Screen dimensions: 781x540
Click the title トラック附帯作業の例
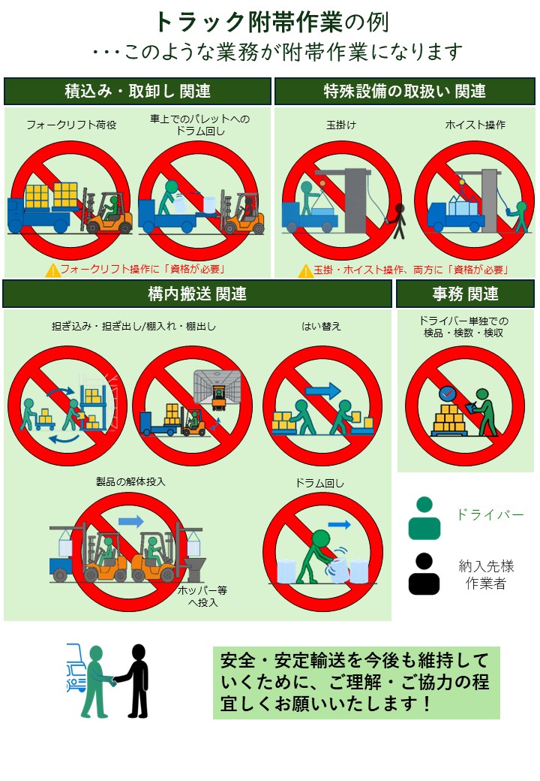pyautogui.click(x=271, y=21)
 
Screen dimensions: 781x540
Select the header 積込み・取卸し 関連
pyautogui.click(x=137, y=92)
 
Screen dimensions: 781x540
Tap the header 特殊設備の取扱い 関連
pyautogui.click(x=405, y=92)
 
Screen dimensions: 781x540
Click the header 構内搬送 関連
pyautogui.click(x=197, y=294)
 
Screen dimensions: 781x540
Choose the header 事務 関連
pyautogui.click(x=465, y=294)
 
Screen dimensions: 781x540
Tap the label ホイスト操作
pyautogui.click(x=475, y=125)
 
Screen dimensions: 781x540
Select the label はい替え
pyautogui.click(x=322, y=326)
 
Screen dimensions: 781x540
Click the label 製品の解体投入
pyautogui.click(x=130, y=481)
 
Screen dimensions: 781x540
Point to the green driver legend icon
pyautogui.click(x=424, y=518)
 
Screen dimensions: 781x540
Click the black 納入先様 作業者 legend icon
pyautogui.click(x=424, y=574)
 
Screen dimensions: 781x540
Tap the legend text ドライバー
pyautogui.click(x=490, y=514)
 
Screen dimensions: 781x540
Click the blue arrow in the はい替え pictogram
pyautogui.click(x=323, y=390)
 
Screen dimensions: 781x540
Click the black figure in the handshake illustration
pyautogui.click(x=136, y=680)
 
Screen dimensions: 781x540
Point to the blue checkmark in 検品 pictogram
pyautogui.click(x=448, y=393)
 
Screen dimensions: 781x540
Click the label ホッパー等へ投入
pyautogui.click(x=202, y=596)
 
